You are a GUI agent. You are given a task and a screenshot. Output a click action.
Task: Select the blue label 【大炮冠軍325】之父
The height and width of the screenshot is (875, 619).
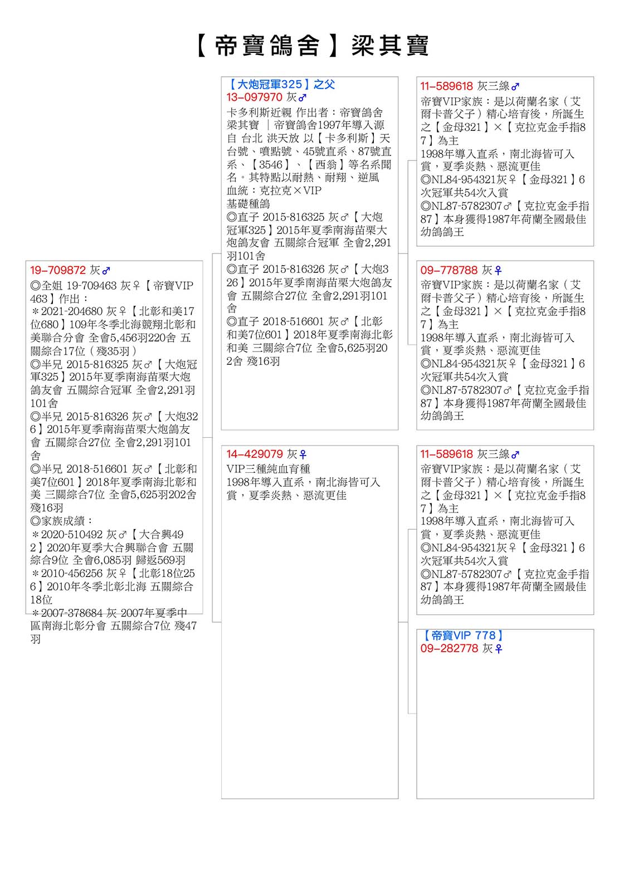tap(281, 84)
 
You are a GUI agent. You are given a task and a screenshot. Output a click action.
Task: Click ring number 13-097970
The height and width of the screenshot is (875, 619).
tap(254, 97)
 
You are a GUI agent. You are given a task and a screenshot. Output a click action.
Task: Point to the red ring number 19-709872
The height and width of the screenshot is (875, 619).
tap(58, 270)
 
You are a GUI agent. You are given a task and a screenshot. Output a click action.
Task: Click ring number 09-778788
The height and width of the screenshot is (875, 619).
tap(449, 270)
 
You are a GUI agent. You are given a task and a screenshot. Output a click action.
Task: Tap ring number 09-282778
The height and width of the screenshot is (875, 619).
tap(449, 648)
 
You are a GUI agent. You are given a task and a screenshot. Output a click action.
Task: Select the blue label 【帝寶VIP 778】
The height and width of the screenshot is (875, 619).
tap(463, 636)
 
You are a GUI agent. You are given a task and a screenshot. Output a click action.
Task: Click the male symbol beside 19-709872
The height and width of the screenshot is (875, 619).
tap(106, 271)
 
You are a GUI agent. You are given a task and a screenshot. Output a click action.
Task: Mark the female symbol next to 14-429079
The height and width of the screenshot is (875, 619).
tap(303, 454)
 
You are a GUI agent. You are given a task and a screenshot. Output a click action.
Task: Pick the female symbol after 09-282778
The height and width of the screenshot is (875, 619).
tap(498, 649)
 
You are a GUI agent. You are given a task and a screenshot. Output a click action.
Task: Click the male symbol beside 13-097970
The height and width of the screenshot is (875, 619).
tap(303, 98)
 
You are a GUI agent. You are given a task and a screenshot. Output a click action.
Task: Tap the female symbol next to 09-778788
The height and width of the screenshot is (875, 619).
tap(498, 271)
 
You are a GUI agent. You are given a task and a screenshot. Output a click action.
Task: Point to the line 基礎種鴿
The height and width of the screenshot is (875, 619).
tap(248, 204)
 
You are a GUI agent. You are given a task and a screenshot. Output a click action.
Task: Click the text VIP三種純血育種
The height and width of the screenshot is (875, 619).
tap(268, 468)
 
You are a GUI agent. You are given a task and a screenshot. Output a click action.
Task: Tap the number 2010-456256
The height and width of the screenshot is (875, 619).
tap(72, 573)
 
